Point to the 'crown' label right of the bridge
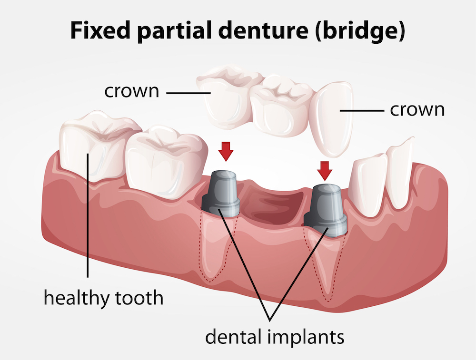pos(417,109)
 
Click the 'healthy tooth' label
pos(103,298)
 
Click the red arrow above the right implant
pos(326,169)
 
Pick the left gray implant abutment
pos(221,193)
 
